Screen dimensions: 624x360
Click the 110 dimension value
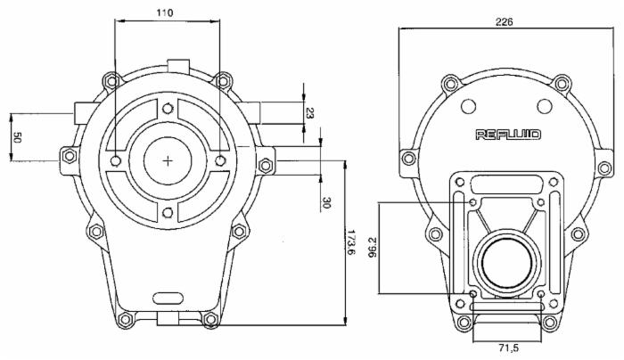pos(164,13)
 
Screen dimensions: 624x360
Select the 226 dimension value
pos(504,22)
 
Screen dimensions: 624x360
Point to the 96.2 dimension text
pos(373,248)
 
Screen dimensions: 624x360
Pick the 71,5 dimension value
pos(508,348)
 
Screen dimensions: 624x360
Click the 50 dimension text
pos(17,138)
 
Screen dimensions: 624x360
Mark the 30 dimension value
pos(326,203)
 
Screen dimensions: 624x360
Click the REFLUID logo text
pos(508,135)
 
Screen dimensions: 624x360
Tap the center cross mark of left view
pos(168,160)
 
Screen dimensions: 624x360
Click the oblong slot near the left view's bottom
pos(168,298)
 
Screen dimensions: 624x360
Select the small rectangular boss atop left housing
pos(178,65)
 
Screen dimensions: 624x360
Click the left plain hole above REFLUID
pos(468,106)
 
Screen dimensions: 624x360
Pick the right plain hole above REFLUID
pos(544,106)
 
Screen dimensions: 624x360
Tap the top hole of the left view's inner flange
pos(168,108)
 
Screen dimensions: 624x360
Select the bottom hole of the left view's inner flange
pos(168,213)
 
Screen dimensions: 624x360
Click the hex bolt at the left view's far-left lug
pos(70,156)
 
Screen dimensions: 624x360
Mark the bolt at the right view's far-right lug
pos(604,168)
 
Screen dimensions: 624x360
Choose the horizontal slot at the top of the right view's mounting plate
pos(506,184)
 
